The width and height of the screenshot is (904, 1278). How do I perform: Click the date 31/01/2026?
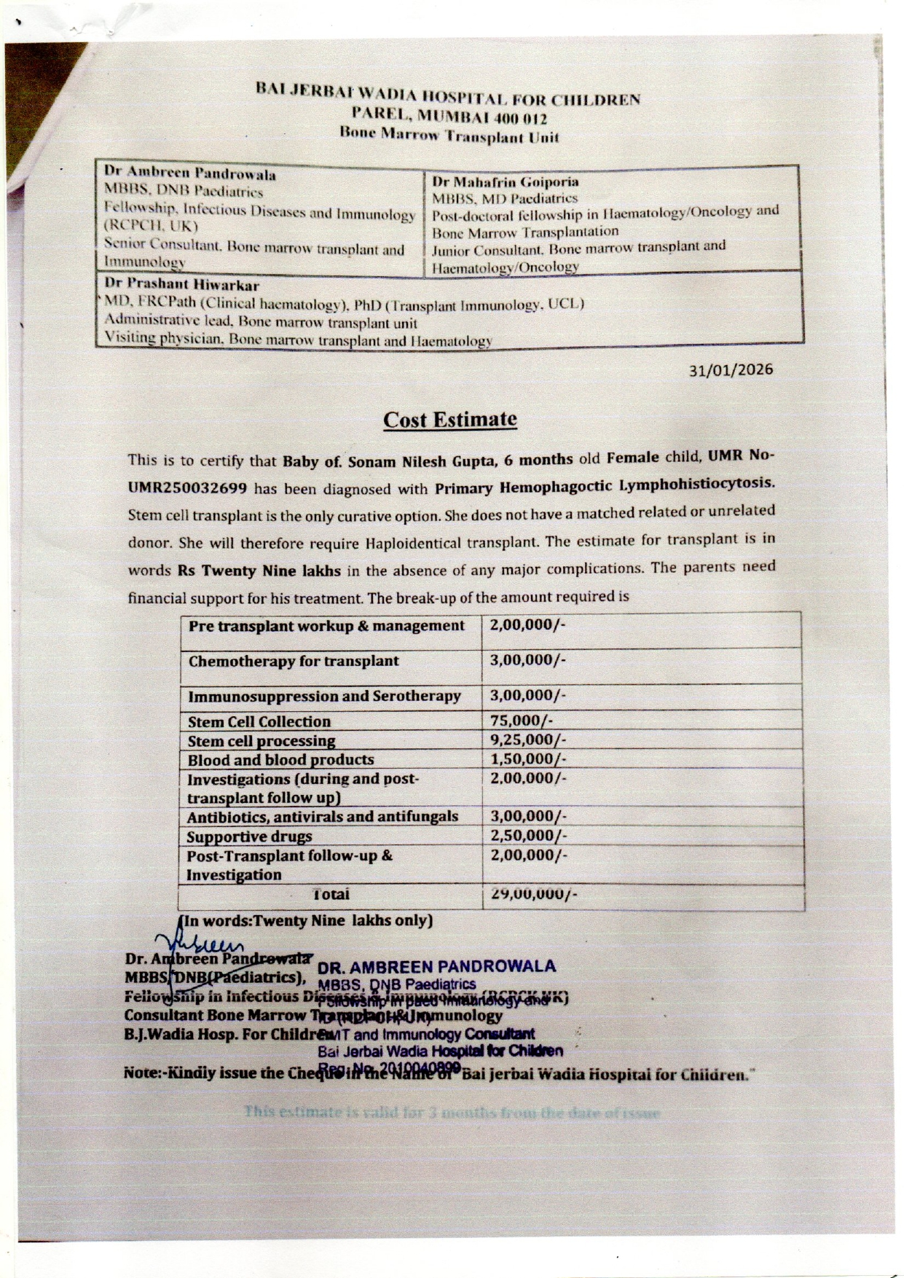click(x=731, y=370)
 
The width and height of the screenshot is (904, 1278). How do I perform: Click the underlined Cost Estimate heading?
click(x=450, y=420)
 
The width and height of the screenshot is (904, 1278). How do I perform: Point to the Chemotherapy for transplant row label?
click(x=294, y=662)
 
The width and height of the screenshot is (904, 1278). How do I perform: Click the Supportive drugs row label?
click(x=249, y=836)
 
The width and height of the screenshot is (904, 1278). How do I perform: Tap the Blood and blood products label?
click(x=280, y=760)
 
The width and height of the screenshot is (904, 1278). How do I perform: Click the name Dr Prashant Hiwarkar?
click(x=181, y=285)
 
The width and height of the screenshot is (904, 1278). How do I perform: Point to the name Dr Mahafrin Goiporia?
click(x=505, y=181)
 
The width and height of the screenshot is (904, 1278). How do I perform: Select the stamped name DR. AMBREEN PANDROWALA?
click(x=437, y=967)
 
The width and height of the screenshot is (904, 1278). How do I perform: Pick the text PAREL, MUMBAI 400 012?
click(x=449, y=117)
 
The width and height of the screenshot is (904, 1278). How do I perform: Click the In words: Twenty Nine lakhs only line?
click(x=306, y=920)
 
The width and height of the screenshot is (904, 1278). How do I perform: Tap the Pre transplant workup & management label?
click(x=326, y=626)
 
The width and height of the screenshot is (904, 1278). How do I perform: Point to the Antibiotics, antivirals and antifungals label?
click(x=323, y=817)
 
